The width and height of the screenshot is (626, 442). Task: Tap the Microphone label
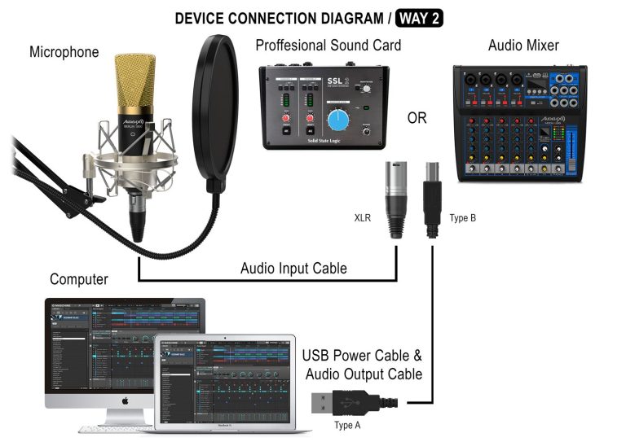click(64, 52)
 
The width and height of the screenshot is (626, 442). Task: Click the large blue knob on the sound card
click(337, 122)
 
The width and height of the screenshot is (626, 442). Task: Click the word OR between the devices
click(417, 118)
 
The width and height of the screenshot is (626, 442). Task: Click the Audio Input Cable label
click(293, 269)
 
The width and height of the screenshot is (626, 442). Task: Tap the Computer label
click(79, 279)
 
